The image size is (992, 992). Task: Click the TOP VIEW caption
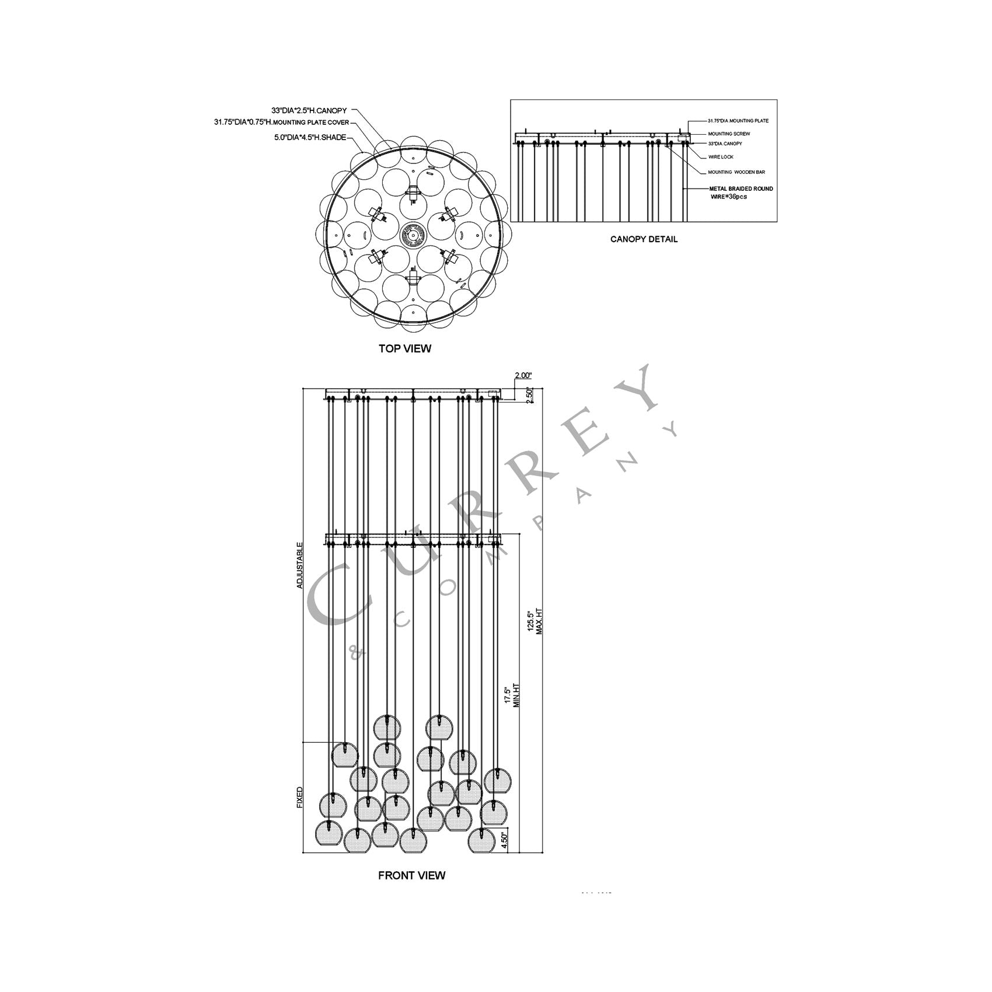click(x=405, y=348)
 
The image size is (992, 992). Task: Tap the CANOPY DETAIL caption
click(x=644, y=239)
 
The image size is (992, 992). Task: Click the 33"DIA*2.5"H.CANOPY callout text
click(x=309, y=110)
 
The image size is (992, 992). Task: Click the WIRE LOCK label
click(x=720, y=157)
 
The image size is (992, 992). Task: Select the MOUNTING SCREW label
click(x=729, y=134)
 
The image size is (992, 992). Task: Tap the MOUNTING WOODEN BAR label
click(x=736, y=172)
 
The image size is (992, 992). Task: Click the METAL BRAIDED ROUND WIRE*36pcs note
click(x=740, y=193)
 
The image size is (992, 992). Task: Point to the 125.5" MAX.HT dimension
click(x=535, y=621)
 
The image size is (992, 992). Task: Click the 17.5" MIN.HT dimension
click(x=512, y=695)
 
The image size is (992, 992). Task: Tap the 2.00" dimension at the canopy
click(x=523, y=376)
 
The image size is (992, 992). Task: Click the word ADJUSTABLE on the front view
click(x=300, y=565)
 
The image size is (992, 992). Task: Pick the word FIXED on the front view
click(x=300, y=797)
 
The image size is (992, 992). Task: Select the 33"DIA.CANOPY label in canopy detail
click(x=724, y=144)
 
